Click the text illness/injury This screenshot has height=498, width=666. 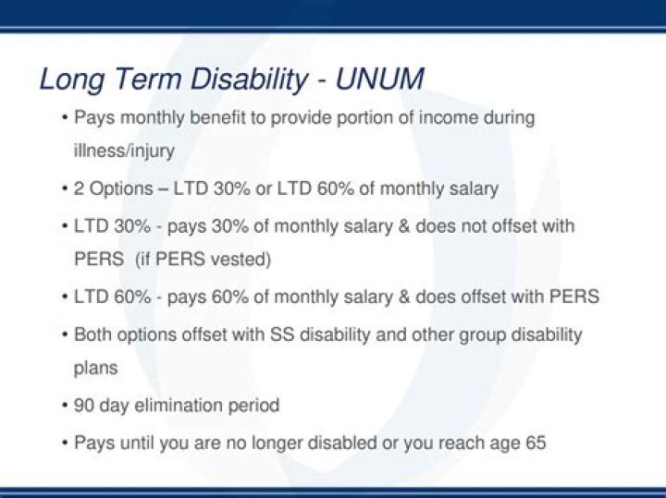point(124,152)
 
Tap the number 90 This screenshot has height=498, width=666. point(84,406)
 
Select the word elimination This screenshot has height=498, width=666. point(176,406)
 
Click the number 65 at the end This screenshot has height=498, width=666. point(536,443)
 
